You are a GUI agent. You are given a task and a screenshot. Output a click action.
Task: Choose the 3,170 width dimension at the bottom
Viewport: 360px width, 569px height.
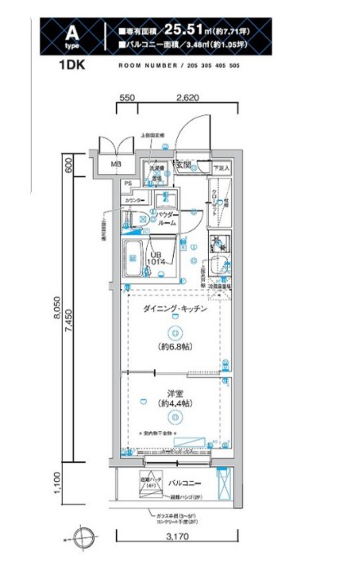click(174, 559)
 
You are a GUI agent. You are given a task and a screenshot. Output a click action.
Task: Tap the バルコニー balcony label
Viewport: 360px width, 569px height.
click(185, 483)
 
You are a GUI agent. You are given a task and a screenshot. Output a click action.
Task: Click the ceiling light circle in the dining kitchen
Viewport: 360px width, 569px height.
click(173, 332)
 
